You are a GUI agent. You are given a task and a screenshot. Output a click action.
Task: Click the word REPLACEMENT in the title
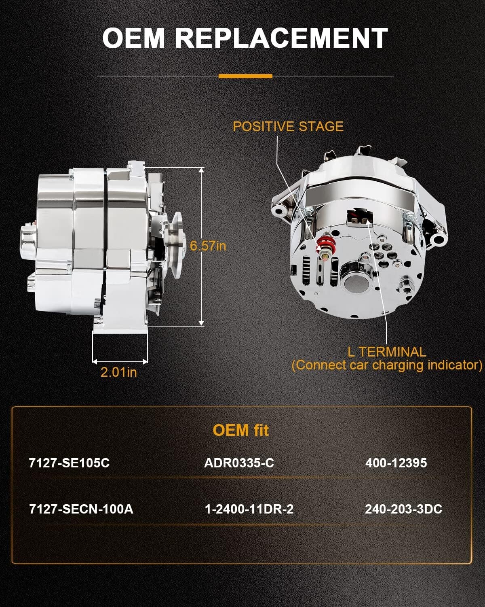pyautogui.click(x=281, y=38)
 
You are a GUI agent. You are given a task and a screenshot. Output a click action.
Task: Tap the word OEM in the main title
pyautogui.click(x=134, y=38)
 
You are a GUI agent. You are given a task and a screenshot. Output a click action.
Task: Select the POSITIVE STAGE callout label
pyautogui.click(x=288, y=126)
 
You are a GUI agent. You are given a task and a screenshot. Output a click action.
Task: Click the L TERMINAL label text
pyautogui.click(x=387, y=352)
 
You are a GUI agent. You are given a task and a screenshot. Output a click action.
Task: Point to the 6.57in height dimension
pyautogui.click(x=208, y=246)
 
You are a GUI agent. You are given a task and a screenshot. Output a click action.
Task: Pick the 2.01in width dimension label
pyautogui.click(x=119, y=372)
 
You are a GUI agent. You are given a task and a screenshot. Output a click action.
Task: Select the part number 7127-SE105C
pyautogui.click(x=70, y=463)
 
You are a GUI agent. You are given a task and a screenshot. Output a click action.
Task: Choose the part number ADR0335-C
pyautogui.click(x=239, y=463)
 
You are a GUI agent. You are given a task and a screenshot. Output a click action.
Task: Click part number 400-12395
pyautogui.click(x=396, y=463)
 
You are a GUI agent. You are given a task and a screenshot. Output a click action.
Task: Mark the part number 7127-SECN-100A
pyautogui.click(x=81, y=509)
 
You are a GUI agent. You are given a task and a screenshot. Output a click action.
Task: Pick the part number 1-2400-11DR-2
pyautogui.click(x=249, y=509)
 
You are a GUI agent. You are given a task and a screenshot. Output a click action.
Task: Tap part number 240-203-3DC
pyautogui.click(x=403, y=509)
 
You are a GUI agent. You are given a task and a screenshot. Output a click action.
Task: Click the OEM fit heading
pyautogui.click(x=240, y=430)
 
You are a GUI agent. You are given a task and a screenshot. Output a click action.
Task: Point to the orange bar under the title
pyautogui.click(x=245, y=76)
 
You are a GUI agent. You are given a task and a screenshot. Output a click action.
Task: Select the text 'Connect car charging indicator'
pyautogui.click(x=387, y=365)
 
